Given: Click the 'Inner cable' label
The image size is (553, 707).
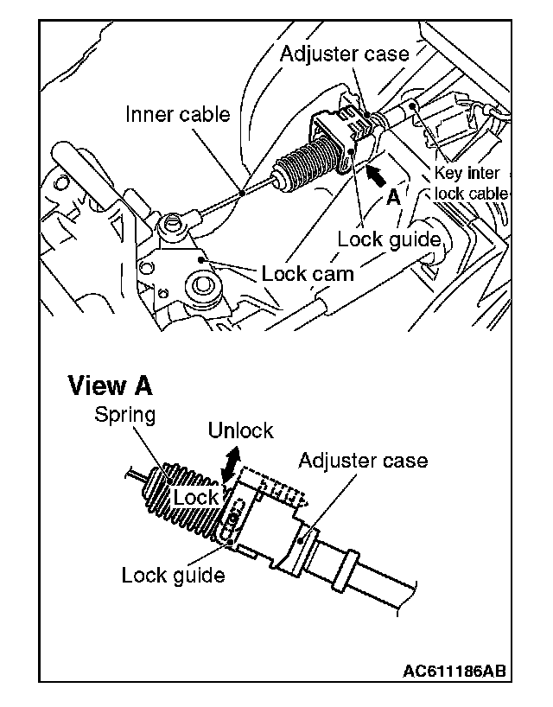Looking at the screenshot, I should coord(178,114).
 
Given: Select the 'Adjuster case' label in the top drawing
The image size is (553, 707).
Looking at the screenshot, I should coord(344,54).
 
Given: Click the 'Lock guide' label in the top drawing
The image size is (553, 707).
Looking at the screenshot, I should coord(389,239).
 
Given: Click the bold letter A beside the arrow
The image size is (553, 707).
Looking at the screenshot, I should coord(393,197).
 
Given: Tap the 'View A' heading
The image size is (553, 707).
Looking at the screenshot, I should coord(110,385).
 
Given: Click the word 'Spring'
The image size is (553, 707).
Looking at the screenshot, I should coord(125,415).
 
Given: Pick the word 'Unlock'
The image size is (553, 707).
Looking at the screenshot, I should coord(240,430).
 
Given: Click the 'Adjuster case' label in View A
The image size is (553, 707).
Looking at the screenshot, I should coord(363,460).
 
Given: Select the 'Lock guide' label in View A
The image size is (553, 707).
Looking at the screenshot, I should coord(173,575).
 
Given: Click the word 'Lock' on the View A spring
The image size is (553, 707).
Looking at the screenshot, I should coord(196,498).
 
